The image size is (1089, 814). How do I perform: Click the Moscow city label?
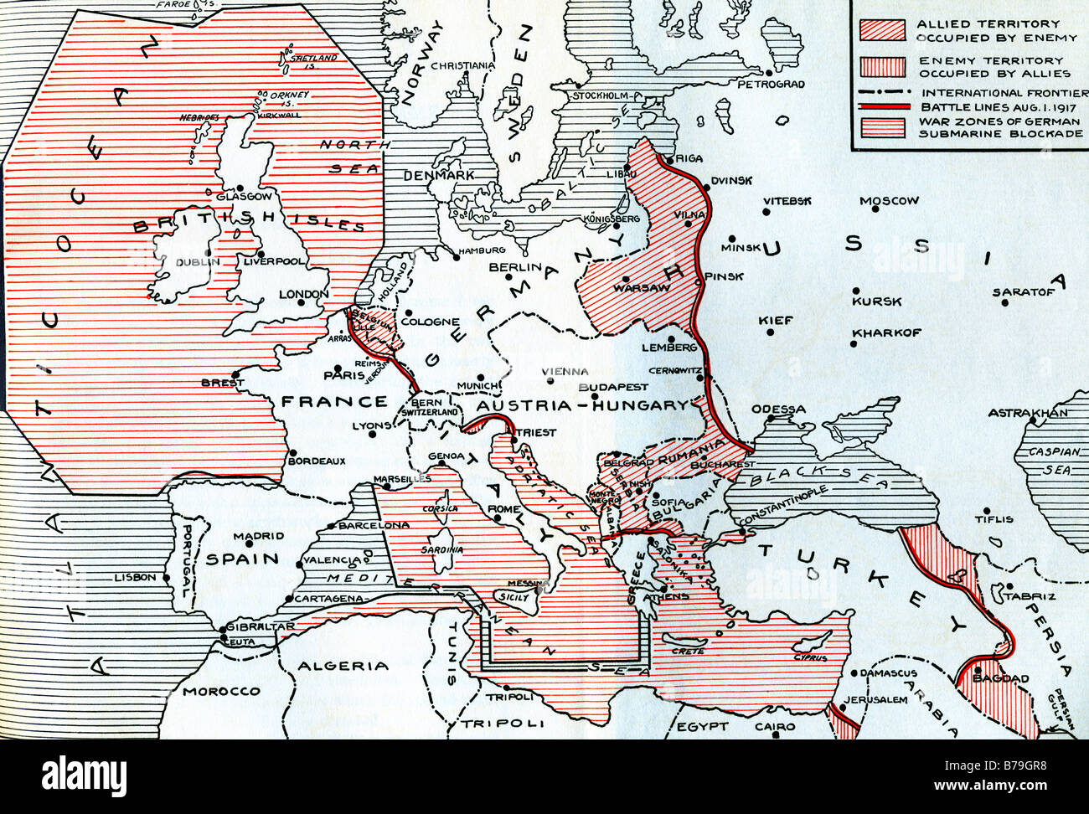pyautogui.click(x=889, y=201)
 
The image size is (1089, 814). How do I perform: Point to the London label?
pyautogui.click(x=303, y=294)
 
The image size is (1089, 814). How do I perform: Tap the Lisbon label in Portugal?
pyautogui.click(x=136, y=577)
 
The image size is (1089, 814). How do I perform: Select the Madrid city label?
pyautogui.click(x=259, y=536)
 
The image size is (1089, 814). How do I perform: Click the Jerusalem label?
pyautogui.click(x=875, y=699)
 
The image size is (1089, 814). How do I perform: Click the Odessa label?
pyautogui.click(x=777, y=410)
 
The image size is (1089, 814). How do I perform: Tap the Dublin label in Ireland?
pyautogui.click(x=198, y=262)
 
